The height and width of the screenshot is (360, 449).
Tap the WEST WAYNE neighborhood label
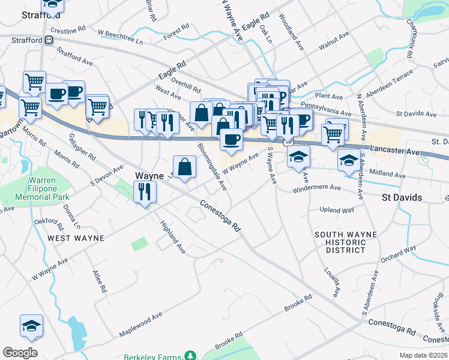point(76,238)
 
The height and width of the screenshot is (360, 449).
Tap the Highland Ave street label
point(172,238)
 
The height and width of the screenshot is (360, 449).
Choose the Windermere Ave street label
point(316,189)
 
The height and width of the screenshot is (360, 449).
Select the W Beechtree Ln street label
point(120,37)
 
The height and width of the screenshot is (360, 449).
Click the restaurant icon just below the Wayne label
point(144,192)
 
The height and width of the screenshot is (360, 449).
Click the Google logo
point(20,353)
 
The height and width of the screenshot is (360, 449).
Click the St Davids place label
point(402,197)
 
